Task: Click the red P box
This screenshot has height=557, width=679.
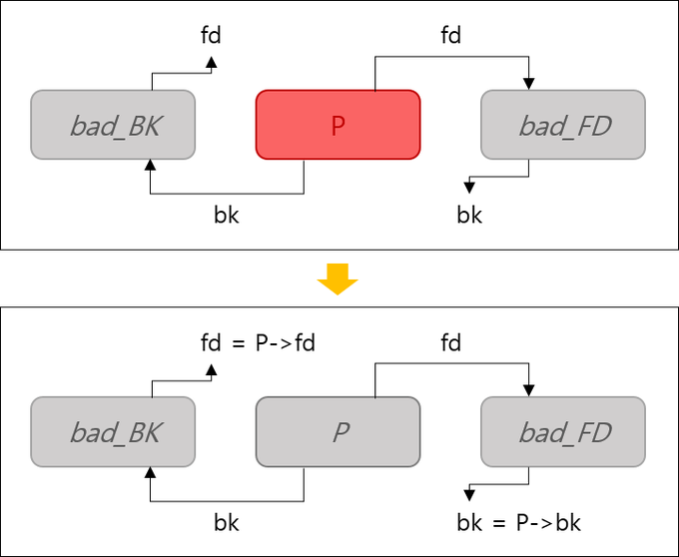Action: point(338,125)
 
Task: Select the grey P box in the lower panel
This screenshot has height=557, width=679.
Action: point(338,432)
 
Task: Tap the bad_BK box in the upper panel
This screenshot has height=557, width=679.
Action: point(112,125)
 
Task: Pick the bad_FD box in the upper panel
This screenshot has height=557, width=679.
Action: point(562,125)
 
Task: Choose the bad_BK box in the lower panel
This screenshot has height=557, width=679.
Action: point(112,432)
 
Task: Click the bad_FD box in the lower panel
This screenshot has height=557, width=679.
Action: point(562,432)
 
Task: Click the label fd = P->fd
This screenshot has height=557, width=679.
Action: point(258,343)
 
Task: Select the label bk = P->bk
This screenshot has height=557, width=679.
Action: point(518,522)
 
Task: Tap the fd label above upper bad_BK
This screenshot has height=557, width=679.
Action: point(211,36)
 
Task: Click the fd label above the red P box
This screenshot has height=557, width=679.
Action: point(451,36)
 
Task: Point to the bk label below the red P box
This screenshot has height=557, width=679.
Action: point(227,215)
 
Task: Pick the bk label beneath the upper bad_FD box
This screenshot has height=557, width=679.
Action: point(469,215)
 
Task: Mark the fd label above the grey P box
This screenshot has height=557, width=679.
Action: point(451,343)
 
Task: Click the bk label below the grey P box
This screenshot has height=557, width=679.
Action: point(227,522)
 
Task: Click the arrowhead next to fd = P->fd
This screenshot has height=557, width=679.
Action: point(211,369)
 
